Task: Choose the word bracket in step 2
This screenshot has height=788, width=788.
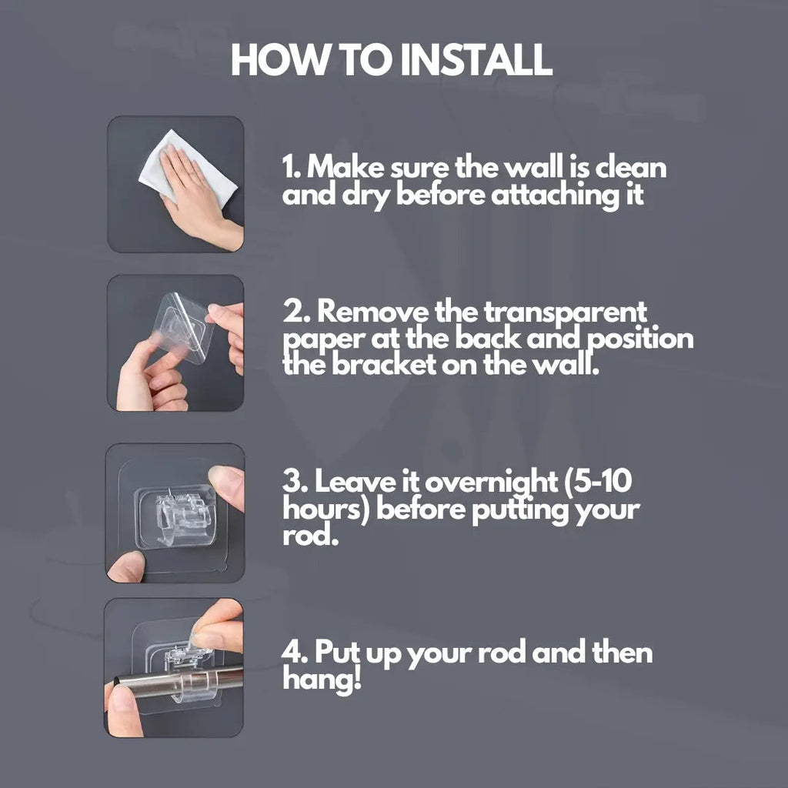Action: pos(383,364)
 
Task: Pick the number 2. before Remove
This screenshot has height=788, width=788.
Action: pos(296,312)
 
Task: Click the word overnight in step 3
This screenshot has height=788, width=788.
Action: pos(491,483)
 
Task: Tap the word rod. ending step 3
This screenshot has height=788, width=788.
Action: pos(309,536)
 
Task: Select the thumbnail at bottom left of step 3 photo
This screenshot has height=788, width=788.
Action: pos(125,566)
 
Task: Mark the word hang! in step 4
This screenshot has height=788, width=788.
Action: pos(322,679)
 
